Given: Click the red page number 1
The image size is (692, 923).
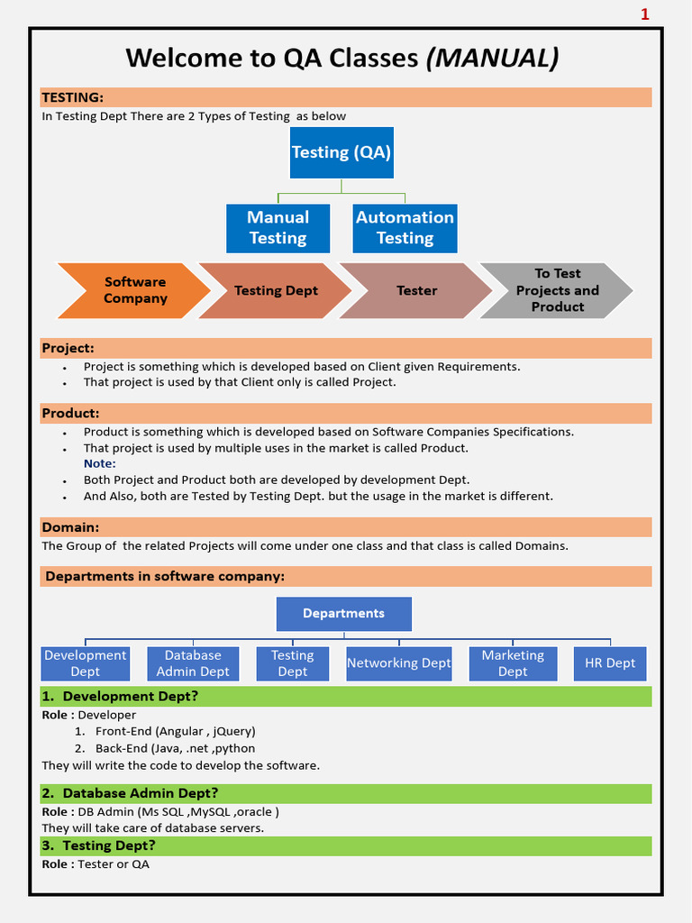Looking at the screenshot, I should [645, 14].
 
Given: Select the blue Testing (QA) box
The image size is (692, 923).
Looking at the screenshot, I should [341, 152].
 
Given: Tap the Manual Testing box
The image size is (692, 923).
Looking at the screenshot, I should [278, 228].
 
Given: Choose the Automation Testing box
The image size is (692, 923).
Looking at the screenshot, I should [405, 228].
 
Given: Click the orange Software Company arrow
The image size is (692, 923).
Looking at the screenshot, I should [133, 290].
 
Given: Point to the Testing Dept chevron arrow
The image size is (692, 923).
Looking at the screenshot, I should [275, 290].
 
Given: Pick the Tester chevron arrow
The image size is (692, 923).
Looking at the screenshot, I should [416, 290].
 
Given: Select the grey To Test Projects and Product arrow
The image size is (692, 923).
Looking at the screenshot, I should [557, 290].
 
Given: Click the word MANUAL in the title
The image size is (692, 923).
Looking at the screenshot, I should [492, 59].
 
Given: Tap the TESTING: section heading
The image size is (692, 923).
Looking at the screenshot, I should [73, 97].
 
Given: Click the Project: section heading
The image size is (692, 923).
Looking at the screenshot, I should [68, 348].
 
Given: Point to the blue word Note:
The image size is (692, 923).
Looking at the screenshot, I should [100, 463].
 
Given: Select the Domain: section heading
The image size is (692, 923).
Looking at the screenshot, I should [70, 527].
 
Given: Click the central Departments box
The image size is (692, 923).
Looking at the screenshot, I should [343, 614].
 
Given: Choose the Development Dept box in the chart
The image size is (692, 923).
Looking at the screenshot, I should [86, 663].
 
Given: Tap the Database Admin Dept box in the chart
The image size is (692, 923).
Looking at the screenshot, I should [193, 663].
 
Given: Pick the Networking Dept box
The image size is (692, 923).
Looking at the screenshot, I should [398, 663].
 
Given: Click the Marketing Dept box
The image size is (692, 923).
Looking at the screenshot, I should [513, 663].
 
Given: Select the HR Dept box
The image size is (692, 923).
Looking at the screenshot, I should [610, 663].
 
